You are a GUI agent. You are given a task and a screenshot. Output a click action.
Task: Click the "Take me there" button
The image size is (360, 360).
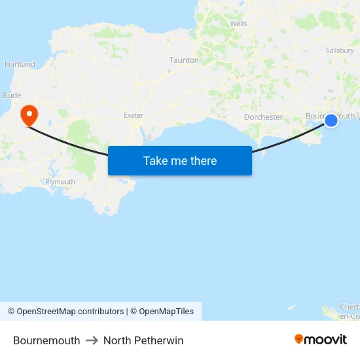coord(180,161)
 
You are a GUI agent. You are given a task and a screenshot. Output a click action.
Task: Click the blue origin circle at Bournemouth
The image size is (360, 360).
coord(331,120)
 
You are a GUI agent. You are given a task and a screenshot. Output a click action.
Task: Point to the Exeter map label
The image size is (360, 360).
coord(134,115)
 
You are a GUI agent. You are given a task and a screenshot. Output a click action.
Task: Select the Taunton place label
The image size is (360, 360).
coord(184,60)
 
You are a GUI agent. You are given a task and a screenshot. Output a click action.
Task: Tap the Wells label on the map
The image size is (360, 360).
coord(238,24)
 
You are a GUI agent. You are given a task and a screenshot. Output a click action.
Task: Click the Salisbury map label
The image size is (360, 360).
coord(340,50)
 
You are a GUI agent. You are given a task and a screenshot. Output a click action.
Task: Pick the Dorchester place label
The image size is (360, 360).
coord(263,117)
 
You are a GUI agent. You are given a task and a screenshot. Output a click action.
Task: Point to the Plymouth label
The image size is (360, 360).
coord(60,181)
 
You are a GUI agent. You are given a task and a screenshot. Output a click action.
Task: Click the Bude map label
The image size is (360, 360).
coord(12,96)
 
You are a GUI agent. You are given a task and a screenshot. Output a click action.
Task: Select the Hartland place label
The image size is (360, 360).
coord(20,65)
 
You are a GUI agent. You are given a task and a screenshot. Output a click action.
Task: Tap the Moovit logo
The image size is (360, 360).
coord(321,340)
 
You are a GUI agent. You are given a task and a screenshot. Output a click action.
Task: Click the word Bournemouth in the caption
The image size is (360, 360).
coord(46,340)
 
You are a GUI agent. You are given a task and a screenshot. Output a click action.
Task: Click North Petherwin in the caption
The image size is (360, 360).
coord(143,340)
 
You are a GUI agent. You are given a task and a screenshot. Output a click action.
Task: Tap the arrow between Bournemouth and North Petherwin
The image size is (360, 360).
coord(92,340)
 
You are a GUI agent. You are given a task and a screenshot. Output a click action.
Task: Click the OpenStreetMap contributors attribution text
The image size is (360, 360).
coord(70,312)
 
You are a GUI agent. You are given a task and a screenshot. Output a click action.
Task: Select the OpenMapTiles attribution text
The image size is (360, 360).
coord(166,312)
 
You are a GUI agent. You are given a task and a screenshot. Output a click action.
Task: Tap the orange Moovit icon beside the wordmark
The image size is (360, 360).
coord(299,339)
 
